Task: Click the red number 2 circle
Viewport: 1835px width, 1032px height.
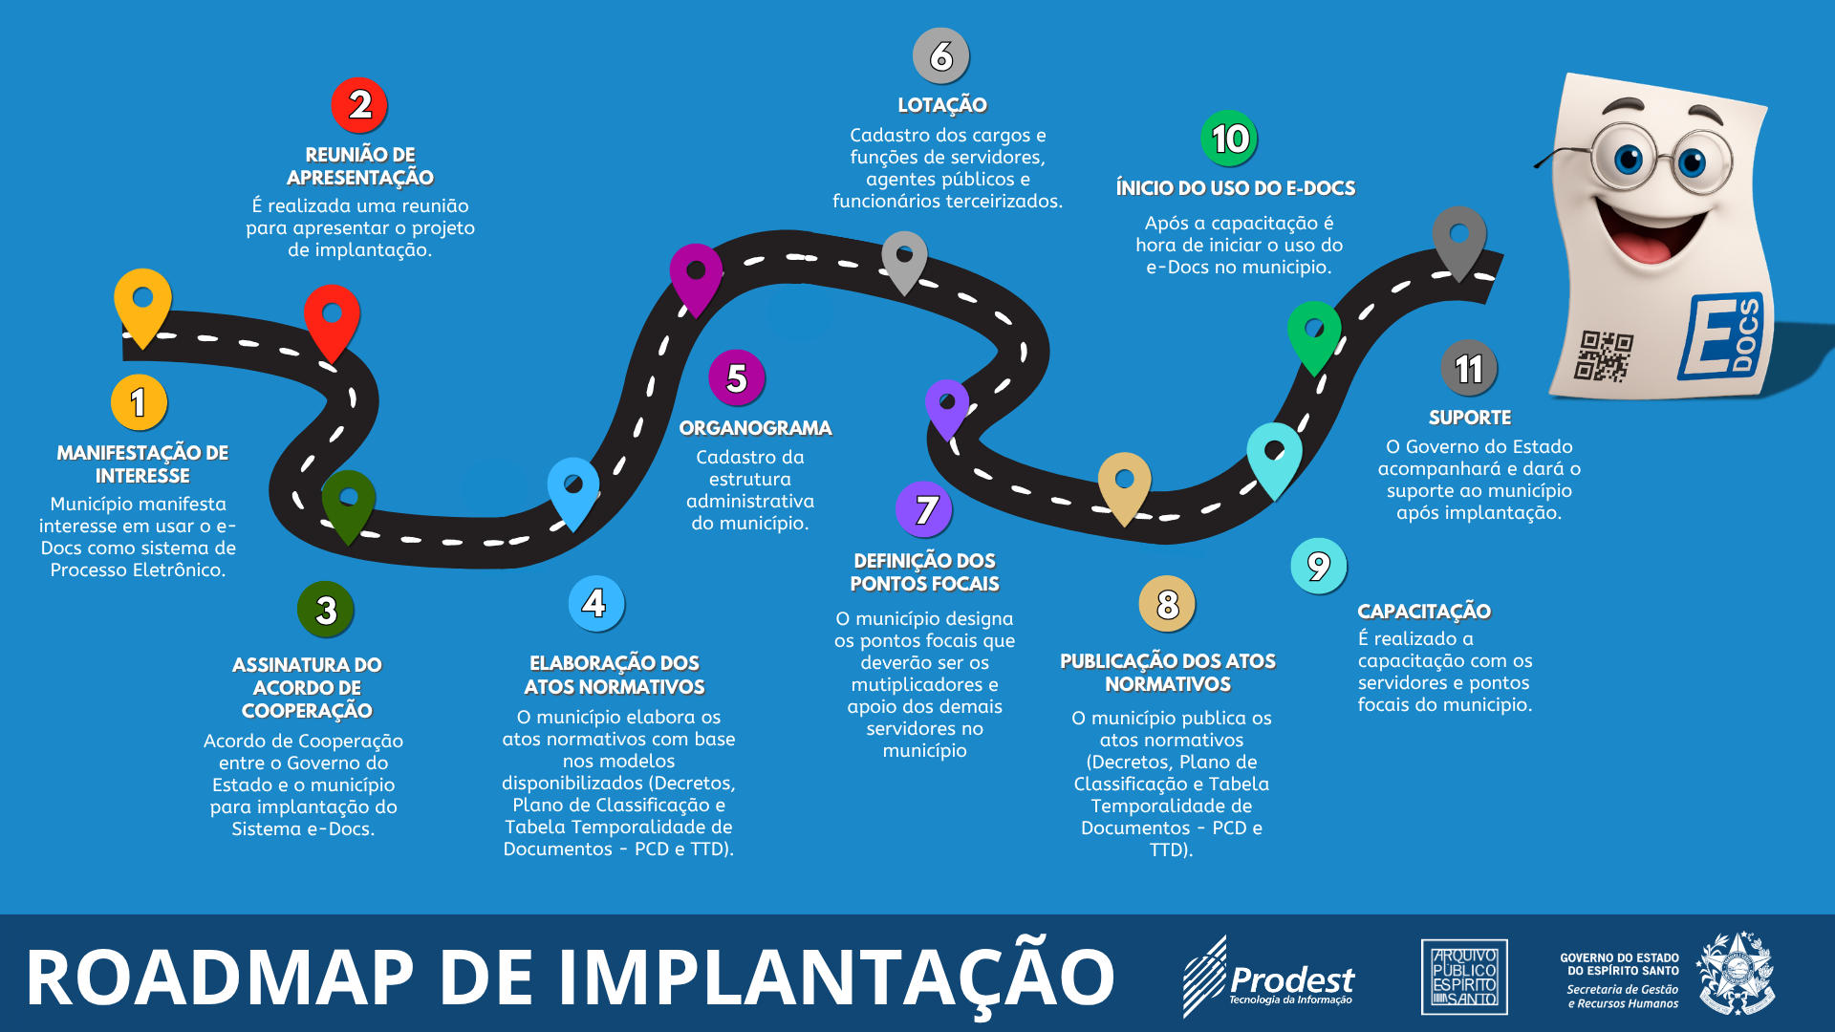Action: pos(359,105)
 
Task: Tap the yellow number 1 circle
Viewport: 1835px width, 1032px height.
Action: pos(139,402)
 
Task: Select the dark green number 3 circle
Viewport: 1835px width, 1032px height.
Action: pos(326,610)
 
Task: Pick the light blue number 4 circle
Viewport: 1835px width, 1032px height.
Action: pos(595,603)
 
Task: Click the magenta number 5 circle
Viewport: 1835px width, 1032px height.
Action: pos(736,378)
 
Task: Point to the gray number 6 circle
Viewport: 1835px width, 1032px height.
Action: pos(941,56)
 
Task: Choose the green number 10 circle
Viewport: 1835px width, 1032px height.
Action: pos(1229,139)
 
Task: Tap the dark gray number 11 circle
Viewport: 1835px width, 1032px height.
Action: pos(1469,368)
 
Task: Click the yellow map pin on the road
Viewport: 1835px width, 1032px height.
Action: pos(142,304)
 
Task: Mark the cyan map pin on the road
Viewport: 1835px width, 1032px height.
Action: pos(1274,457)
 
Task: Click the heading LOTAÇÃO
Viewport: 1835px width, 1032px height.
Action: pos(942,105)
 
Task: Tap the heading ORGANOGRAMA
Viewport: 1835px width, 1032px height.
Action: pos(755,428)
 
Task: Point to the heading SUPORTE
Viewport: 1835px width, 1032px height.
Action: pos(1470,418)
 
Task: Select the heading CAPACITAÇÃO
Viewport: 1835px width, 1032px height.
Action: pos(1424,611)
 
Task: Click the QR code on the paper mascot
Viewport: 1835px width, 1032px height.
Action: pos(1604,355)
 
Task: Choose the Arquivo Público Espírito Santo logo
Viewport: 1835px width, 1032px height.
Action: pos(1464,977)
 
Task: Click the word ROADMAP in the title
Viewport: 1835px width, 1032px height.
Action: pos(221,978)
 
